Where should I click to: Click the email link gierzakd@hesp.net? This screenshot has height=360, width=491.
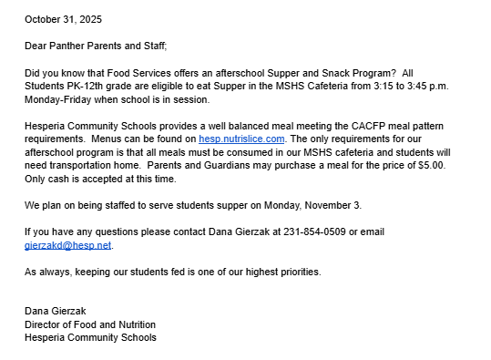click(67, 245)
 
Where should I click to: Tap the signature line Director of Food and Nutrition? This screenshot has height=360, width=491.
click(90, 324)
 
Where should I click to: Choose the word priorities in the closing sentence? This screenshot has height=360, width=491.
click(297, 272)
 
